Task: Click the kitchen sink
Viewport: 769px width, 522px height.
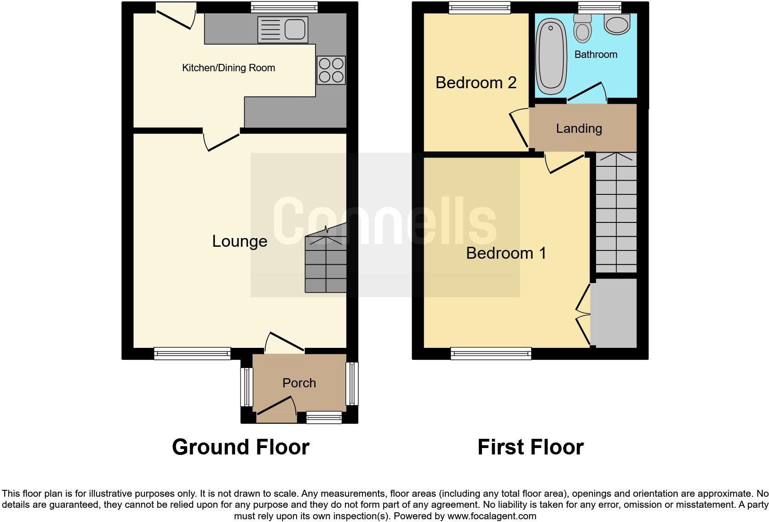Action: [x=282, y=29]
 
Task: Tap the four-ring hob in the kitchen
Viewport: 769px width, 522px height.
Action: [x=331, y=70]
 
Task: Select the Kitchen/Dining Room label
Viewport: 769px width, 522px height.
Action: [x=229, y=68]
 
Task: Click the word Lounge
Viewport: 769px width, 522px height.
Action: [x=240, y=241]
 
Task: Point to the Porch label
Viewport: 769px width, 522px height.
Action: [x=299, y=383]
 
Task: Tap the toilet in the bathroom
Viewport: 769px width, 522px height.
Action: [x=583, y=28]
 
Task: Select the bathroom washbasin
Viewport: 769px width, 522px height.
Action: [x=617, y=23]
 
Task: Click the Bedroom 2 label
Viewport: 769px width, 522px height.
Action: [x=476, y=83]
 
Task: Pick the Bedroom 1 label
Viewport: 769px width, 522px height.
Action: [x=506, y=253]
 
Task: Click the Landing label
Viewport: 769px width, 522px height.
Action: [x=579, y=129]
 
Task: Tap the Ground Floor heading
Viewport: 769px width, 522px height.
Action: [x=241, y=447]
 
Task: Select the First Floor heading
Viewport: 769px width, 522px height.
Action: [x=530, y=447]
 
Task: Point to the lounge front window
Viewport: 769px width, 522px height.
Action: [x=192, y=353]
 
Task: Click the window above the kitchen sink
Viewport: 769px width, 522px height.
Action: [x=284, y=7]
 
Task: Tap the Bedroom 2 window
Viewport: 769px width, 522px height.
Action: [x=480, y=7]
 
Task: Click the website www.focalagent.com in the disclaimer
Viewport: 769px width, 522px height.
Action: [x=492, y=516]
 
